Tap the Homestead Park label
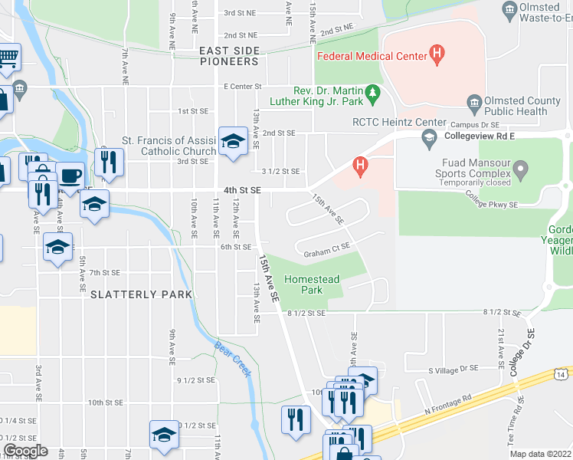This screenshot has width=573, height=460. (x=312, y=285)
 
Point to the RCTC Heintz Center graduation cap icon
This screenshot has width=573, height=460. (x=429, y=136)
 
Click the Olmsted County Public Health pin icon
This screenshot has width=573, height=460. (x=474, y=103)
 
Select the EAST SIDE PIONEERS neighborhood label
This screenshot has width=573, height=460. (x=229, y=56)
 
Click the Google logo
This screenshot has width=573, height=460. (x=25, y=451)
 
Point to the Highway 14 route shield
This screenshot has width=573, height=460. (x=562, y=373)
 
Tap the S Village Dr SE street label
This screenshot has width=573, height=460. (x=453, y=369)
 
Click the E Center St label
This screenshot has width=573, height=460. (x=242, y=87)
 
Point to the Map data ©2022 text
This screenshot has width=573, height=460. (x=539, y=454)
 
